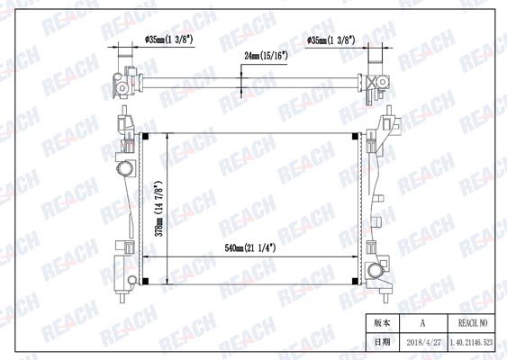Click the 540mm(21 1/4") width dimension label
tap(250, 248)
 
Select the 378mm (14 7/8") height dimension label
tap(158, 209)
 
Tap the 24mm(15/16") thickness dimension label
tap(266, 56)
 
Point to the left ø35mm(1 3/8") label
tap(169, 40)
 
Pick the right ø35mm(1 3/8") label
tap(331, 40)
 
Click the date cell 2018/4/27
tap(423, 343)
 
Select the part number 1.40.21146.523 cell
tap(472, 343)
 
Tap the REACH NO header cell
tap(472, 323)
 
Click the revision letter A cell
tap(423, 323)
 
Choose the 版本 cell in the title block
tap(383, 323)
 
